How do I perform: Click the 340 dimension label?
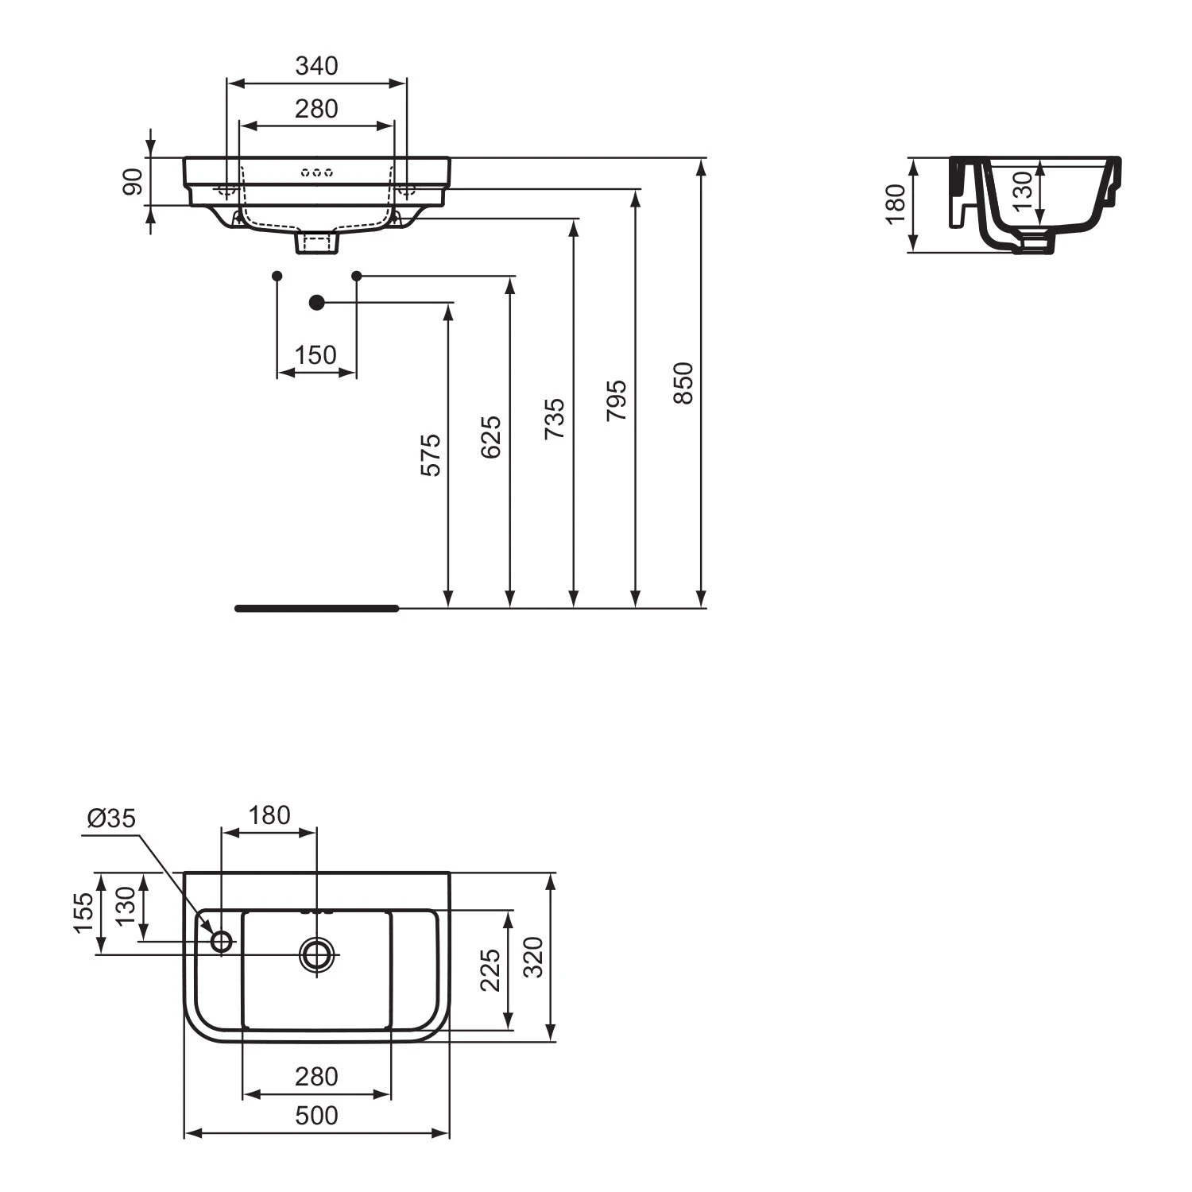tap(316, 66)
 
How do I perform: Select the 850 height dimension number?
tap(683, 383)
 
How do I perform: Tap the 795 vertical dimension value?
tap(617, 401)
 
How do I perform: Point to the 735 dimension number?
tap(555, 419)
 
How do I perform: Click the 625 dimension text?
tap(492, 436)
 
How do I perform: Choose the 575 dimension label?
tap(430, 455)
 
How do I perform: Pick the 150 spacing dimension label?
tap(315, 354)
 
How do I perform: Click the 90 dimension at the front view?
tap(133, 182)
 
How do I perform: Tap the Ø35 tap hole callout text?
tap(112, 818)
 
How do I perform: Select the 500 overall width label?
tap(316, 1116)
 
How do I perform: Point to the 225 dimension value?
tap(490, 970)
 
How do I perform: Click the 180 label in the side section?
tap(896, 204)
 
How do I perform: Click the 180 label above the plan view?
tap(269, 815)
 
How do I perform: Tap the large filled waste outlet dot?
tap(316, 302)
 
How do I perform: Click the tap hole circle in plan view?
tap(221, 942)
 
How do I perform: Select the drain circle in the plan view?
tap(316, 954)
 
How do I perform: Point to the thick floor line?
tap(316, 609)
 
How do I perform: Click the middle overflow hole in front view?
tap(316, 172)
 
